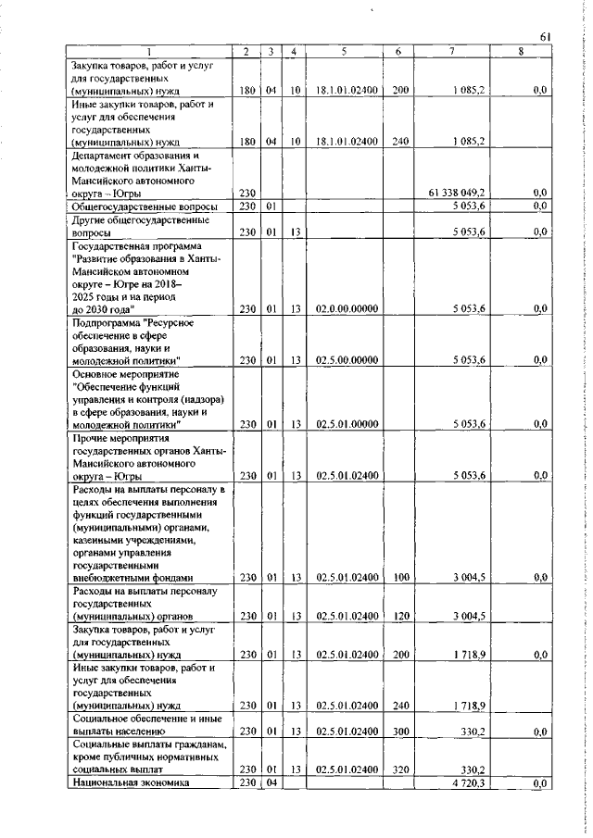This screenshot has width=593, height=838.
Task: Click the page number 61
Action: tap(546, 36)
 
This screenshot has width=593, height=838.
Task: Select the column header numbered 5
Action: tap(343, 52)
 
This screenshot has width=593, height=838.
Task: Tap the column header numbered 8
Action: tap(521, 52)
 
